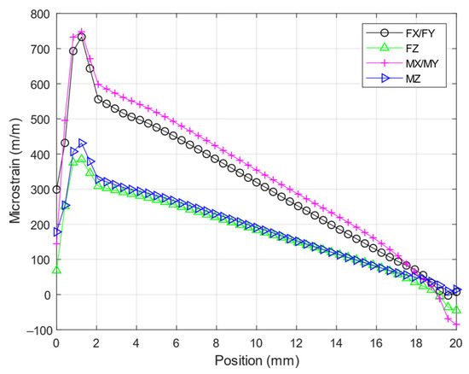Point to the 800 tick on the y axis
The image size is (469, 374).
pyautogui.click(x=39, y=15)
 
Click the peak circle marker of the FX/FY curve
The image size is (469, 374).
pyautogui.click(x=82, y=37)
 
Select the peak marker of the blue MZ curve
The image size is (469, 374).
pyautogui.click(x=82, y=143)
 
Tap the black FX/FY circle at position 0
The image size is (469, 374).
pyautogui.click(x=56, y=190)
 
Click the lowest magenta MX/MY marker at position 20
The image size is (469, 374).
pyautogui.click(x=456, y=324)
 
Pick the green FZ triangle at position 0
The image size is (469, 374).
pyautogui.click(x=56, y=271)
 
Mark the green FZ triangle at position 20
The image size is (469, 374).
pyautogui.click(x=456, y=311)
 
